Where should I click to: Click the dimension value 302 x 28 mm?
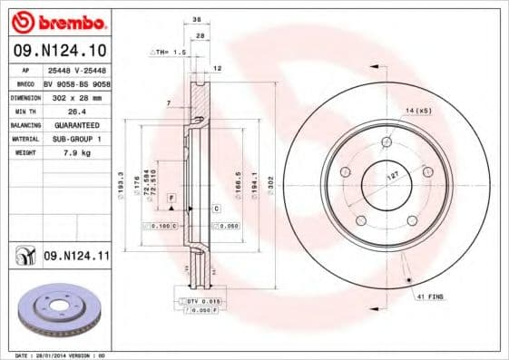76,96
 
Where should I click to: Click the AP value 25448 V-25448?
76,68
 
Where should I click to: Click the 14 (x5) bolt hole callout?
418,110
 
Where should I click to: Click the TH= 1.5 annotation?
171,53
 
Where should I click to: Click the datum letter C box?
217,209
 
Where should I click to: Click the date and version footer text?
56,355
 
